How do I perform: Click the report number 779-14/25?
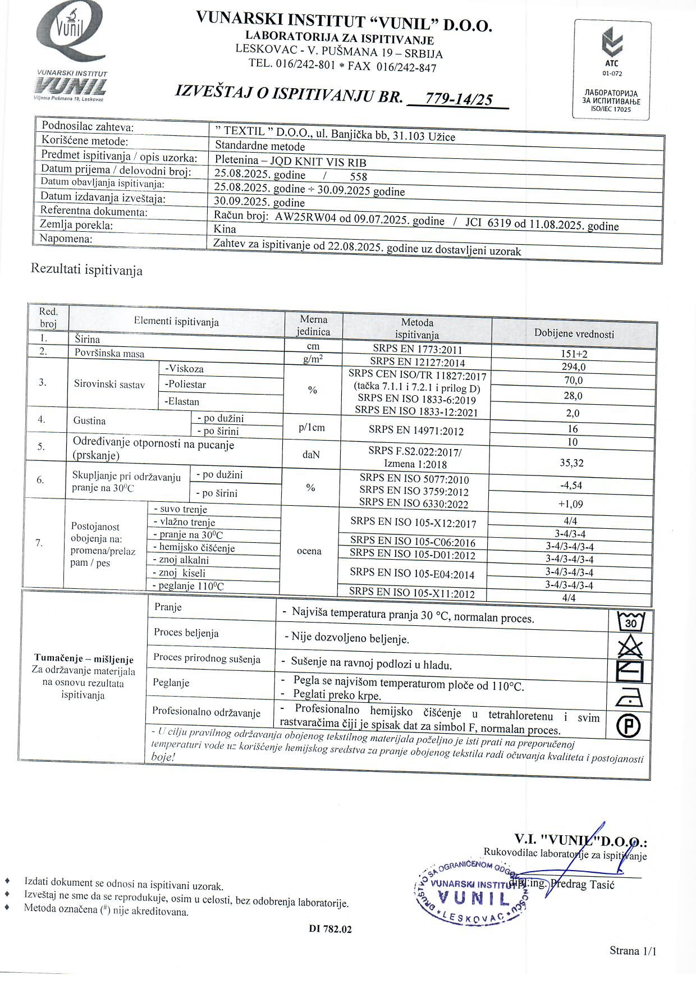459,99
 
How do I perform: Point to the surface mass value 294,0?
573,367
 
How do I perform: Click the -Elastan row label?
182,401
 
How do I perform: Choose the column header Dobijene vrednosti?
574,333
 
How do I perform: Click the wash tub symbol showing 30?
630,622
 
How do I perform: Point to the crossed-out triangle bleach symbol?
630,647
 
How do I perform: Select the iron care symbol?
629,699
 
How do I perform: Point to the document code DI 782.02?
330,929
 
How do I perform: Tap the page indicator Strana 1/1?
633,950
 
